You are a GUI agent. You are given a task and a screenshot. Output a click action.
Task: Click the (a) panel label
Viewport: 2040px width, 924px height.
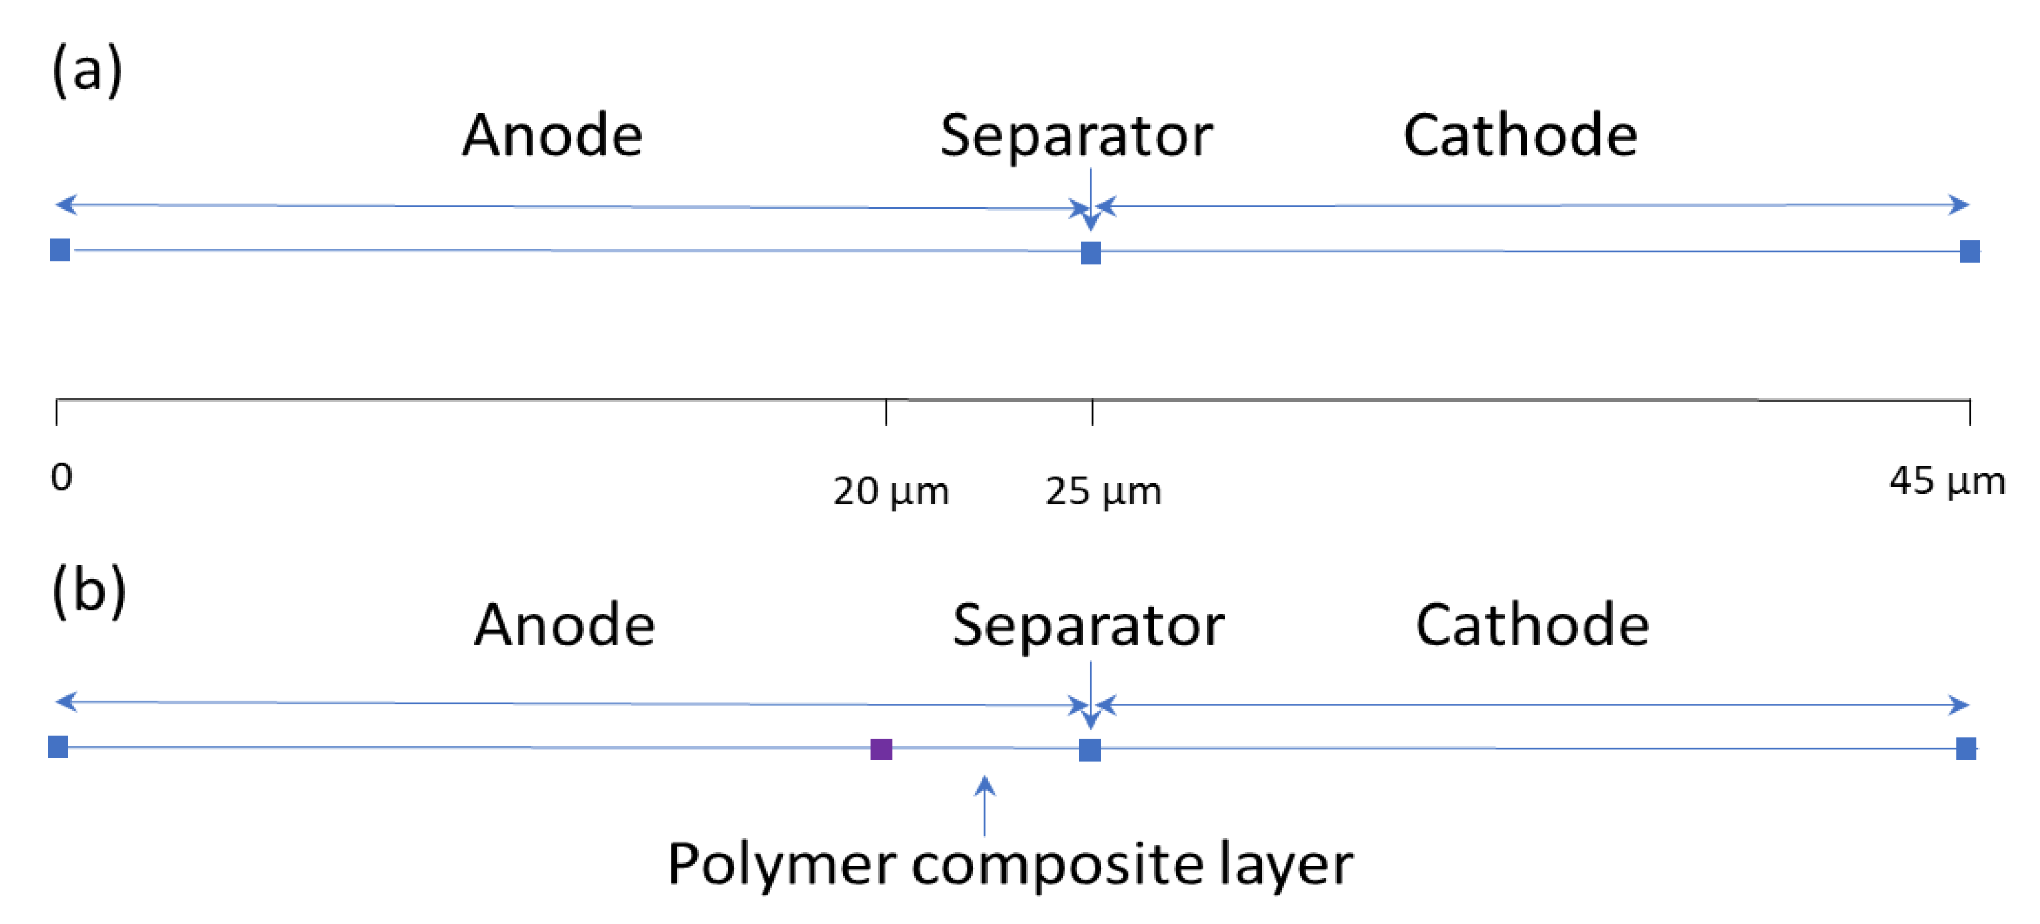coord(87,70)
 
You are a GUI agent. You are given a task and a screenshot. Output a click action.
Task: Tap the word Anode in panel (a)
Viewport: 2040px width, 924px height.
coord(552,135)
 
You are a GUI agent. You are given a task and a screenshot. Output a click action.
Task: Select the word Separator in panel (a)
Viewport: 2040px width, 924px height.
coord(1076,136)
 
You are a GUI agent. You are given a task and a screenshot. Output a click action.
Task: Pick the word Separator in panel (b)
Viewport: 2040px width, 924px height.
coord(1088,626)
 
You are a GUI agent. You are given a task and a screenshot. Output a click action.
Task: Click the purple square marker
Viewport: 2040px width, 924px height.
coord(882,749)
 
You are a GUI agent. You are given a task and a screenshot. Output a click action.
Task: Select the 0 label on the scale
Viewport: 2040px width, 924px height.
coord(61,477)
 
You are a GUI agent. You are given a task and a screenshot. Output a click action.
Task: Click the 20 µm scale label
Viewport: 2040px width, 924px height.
coord(891,492)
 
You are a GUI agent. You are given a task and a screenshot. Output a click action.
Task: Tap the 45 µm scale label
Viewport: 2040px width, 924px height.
coord(1947,481)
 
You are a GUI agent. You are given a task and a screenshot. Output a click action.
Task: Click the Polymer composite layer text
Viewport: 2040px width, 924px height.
coord(1010,864)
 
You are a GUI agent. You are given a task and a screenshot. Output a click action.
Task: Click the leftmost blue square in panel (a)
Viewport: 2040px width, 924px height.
coord(60,249)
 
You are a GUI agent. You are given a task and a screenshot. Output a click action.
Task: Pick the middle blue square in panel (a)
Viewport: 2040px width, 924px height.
coord(1091,253)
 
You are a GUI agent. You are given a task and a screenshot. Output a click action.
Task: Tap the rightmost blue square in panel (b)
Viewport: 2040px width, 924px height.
coord(1966,748)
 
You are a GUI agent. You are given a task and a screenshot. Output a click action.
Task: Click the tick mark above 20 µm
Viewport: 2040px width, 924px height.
coord(886,413)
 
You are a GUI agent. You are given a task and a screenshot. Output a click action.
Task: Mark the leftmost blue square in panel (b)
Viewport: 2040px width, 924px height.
coord(58,746)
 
